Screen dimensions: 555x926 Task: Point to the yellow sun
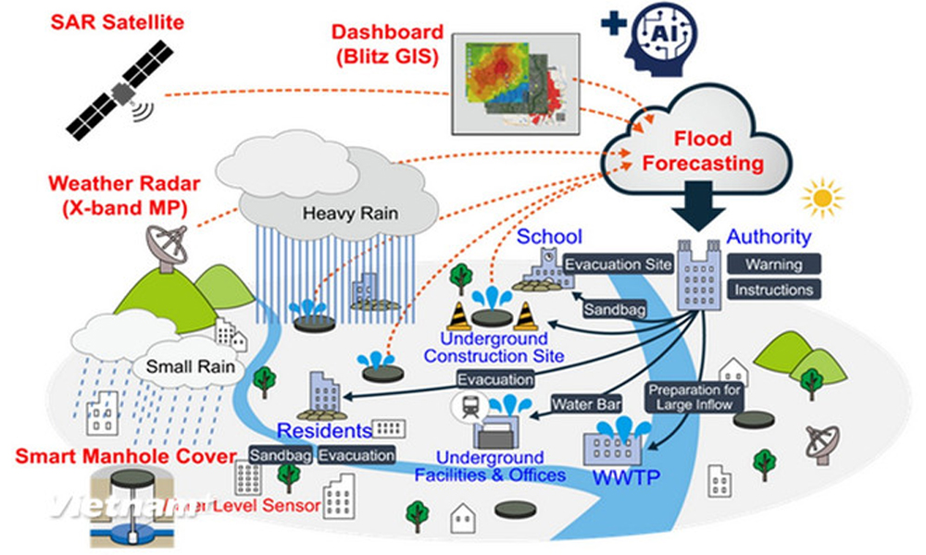click(x=822, y=198)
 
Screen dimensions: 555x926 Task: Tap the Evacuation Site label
click(x=618, y=265)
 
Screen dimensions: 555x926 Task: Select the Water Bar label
click(x=586, y=404)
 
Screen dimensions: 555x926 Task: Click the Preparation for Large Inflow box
click(x=694, y=397)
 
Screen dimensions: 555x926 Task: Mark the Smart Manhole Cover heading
click(x=108, y=457)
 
